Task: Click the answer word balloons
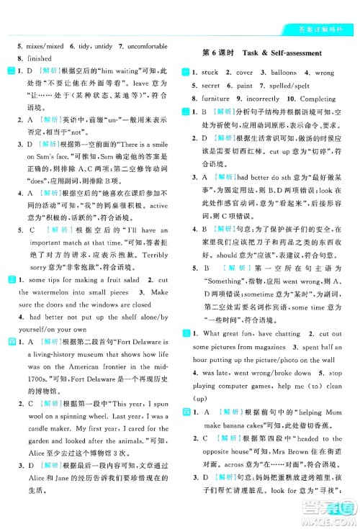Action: tap(279, 72)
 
